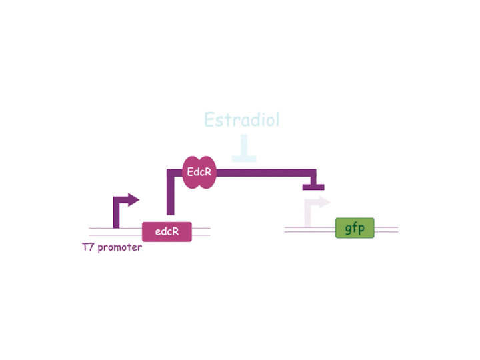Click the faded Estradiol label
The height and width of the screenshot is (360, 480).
242,119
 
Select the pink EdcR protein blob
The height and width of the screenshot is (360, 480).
199,173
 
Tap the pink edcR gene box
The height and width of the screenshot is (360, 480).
167,232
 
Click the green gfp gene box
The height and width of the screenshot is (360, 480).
355,228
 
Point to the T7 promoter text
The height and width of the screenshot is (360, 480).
112,247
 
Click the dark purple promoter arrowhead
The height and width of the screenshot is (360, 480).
133,200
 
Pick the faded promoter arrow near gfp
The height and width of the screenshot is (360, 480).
317,212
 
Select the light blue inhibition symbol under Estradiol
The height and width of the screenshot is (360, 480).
244,148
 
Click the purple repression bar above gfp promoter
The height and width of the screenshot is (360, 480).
313,187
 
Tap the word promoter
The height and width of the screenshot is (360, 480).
120,247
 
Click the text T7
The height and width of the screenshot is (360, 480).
87,247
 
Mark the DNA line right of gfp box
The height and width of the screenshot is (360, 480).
386,229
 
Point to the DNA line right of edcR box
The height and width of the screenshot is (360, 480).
201,232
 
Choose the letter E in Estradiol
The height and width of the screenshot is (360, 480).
209,119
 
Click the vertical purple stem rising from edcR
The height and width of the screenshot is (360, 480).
171,192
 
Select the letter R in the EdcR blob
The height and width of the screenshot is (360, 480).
207,172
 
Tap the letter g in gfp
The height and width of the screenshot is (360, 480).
349,229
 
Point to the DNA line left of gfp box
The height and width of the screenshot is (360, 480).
310,229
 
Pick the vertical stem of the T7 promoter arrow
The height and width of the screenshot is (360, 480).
116,213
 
